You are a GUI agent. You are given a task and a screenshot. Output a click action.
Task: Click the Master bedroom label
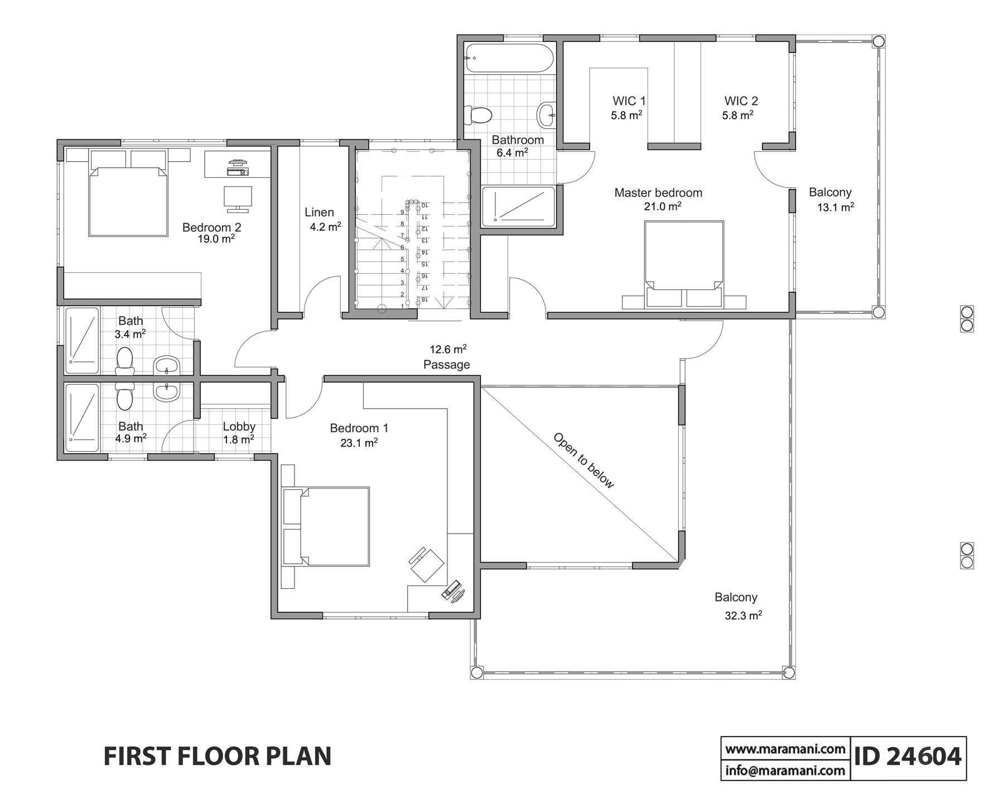(x=658, y=193)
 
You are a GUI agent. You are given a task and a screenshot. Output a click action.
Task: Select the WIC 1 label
(x=629, y=101)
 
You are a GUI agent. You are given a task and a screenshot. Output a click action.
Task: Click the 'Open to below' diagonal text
(x=583, y=461)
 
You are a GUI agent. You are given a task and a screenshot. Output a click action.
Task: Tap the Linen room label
(x=319, y=212)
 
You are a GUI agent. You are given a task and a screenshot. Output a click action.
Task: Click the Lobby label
(x=239, y=427)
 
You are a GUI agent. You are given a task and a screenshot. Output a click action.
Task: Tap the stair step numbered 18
(x=424, y=299)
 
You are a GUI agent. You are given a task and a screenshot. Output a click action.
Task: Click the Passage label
(x=446, y=365)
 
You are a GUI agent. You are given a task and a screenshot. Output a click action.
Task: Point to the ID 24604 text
(x=908, y=757)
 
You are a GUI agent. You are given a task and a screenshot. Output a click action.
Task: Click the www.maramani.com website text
(x=785, y=749)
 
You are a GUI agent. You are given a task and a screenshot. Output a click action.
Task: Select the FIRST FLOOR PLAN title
(x=218, y=757)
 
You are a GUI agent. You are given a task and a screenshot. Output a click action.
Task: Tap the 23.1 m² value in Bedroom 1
(x=359, y=443)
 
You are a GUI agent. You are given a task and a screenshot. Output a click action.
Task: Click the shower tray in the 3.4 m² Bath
(x=82, y=340)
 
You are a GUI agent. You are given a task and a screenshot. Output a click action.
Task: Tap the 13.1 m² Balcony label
(x=835, y=207)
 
